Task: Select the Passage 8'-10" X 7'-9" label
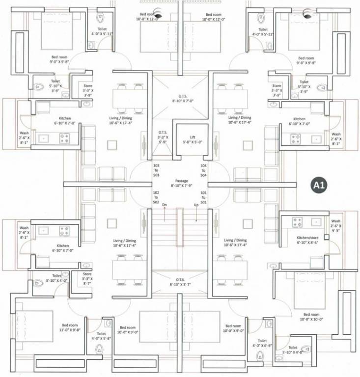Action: [181, 184]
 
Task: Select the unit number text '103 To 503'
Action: [157, 170]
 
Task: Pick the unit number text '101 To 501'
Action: [203, 198]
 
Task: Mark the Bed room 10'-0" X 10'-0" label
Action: [311, 317]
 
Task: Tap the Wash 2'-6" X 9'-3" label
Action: [335, 226]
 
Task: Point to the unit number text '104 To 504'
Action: [203, 170]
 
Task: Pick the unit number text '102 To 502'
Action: [156, 198]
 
